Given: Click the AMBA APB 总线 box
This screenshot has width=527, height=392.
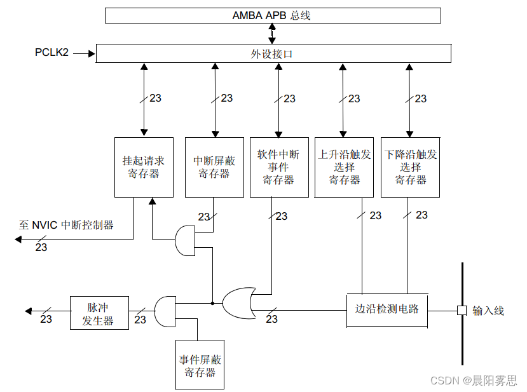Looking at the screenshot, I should (272, 15).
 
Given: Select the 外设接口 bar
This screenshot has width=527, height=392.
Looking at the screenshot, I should (272, 54).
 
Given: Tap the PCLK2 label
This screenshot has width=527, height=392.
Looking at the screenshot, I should (51, 53).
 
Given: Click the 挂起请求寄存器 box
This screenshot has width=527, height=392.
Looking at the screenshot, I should (144, 167).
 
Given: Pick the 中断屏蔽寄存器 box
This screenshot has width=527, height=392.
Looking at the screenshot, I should (214, 167).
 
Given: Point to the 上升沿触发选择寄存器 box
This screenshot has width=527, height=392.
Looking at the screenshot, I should (345, 167).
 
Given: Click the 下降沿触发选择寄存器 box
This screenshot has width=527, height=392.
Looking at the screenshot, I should (411, 167).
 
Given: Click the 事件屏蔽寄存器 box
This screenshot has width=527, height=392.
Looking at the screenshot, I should (200, 365).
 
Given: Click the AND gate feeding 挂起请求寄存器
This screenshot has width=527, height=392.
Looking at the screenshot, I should (185, 240).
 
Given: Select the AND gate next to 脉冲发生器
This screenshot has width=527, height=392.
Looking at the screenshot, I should (165, 311).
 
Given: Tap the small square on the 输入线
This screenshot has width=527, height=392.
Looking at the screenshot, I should (462, 311).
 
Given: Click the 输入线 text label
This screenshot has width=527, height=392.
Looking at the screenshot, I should (488, 311).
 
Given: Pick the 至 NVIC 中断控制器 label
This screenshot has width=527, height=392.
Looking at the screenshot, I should (66, 225).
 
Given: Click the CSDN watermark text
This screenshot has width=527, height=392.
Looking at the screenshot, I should (474, 380).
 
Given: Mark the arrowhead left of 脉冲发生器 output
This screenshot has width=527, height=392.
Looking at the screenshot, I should (29, 311).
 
